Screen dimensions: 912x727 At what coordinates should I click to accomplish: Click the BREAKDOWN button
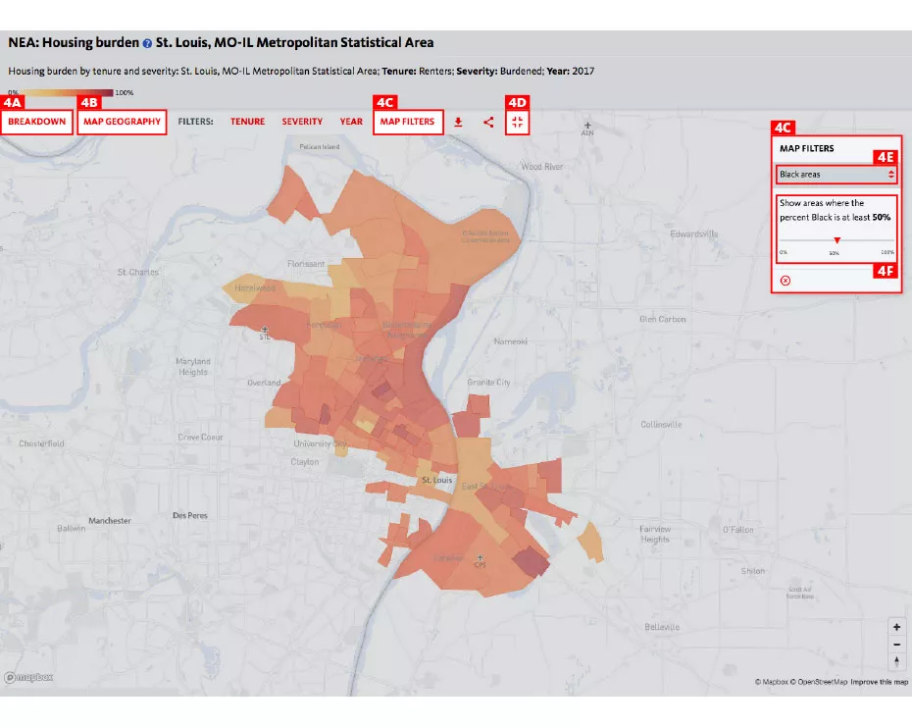37,122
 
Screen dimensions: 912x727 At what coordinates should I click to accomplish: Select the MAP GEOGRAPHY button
122,122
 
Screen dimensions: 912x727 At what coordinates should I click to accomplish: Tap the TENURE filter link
247,122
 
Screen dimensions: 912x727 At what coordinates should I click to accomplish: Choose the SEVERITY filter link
302,122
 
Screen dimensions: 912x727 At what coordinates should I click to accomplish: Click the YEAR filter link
351,122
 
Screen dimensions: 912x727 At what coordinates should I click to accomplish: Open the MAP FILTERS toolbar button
407,122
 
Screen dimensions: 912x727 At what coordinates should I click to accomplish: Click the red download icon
458,122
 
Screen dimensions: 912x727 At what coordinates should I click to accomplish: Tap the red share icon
488,122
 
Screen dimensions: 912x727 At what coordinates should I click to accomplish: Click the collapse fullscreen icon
518,122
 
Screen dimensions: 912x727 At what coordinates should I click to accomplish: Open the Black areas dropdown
836,175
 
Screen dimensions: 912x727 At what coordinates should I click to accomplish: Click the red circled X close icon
785,281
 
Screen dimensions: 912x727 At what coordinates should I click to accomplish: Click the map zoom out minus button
896,644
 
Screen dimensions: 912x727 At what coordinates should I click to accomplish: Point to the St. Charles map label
137,272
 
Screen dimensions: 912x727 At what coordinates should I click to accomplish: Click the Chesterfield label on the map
41,443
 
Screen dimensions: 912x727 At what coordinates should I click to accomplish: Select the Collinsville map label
661,425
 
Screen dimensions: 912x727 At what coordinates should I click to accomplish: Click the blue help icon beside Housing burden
147,43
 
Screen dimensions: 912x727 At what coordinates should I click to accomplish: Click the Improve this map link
879,682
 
